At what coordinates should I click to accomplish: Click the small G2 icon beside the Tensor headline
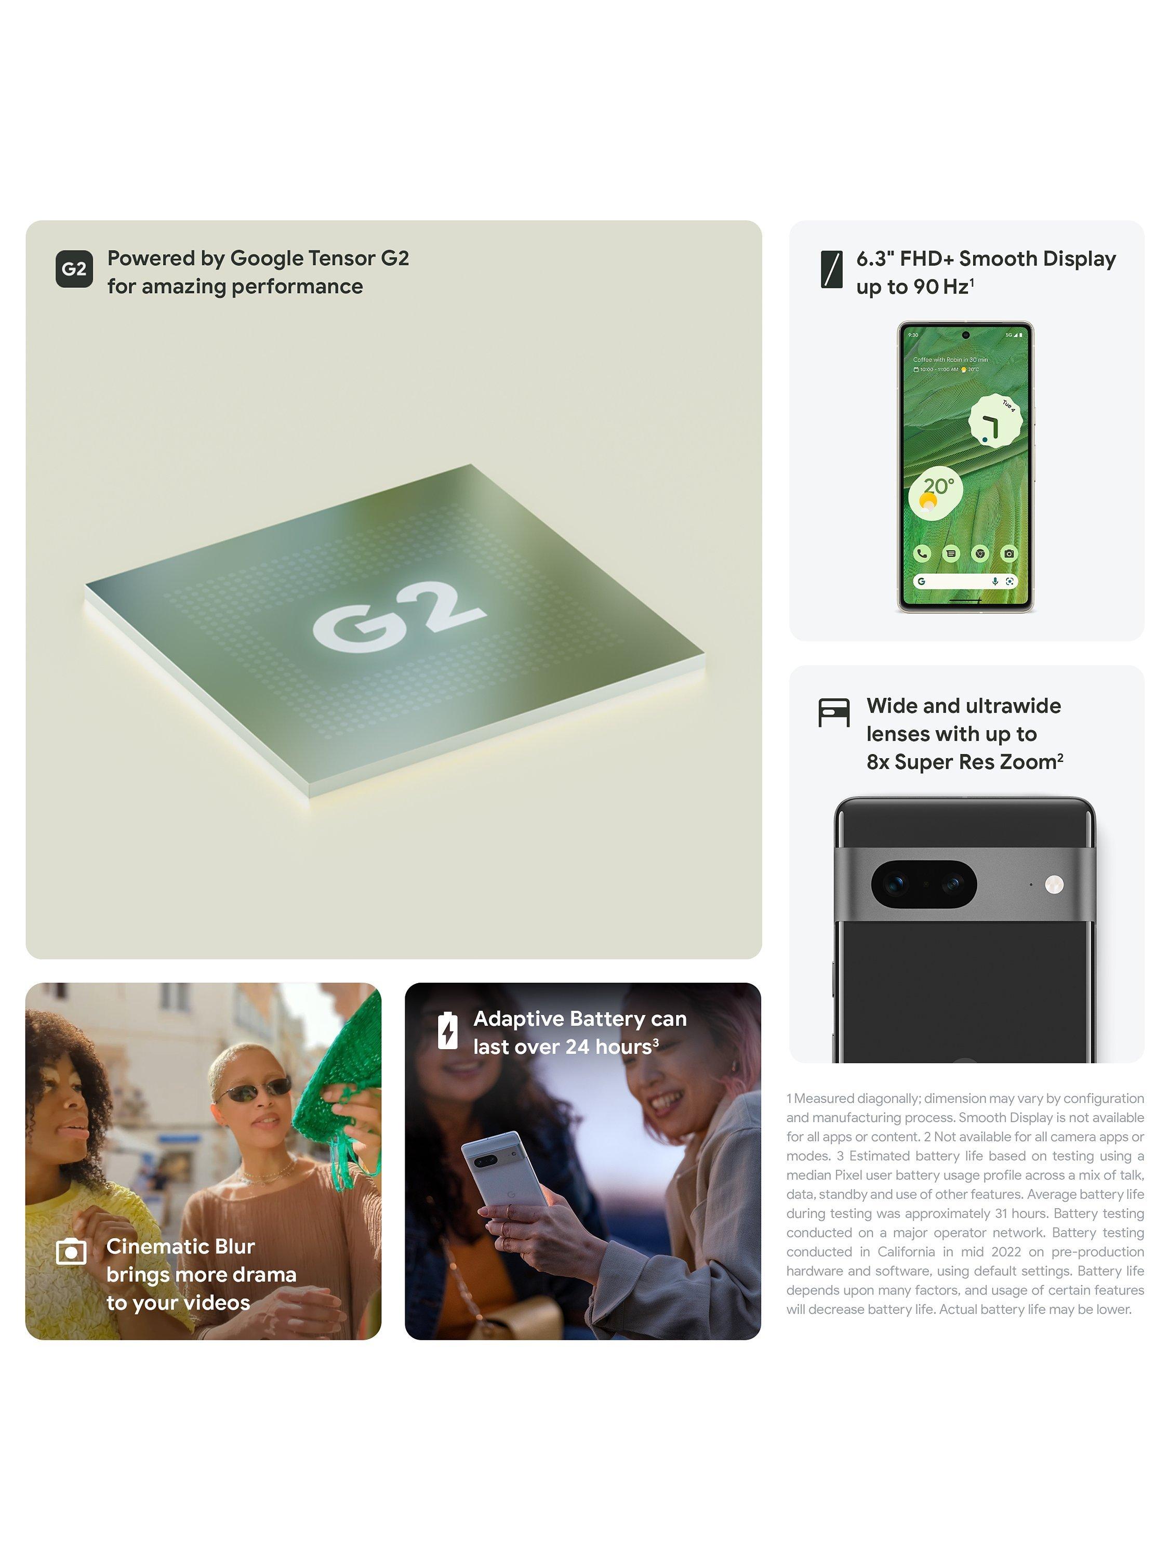pos(74,269)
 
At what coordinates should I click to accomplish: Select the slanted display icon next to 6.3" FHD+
pos(831,269)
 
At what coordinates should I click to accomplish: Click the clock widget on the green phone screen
pos(995,421)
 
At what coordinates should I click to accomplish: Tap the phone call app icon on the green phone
pos(922,553)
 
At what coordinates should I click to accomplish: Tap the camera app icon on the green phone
pos(1009,553)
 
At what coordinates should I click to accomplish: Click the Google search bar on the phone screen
pos(965,582)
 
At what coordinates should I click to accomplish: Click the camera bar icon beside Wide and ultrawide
pos(833,712)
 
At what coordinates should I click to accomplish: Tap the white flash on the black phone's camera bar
pos(1054,884)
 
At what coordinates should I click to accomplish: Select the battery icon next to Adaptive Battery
pos(447,1030)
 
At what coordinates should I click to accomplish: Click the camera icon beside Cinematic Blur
pos(71,1252)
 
